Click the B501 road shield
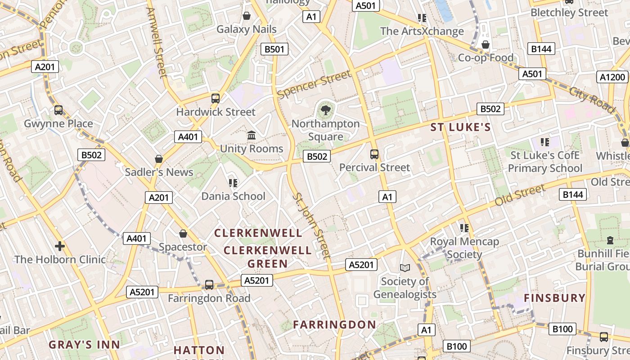pos(274,49)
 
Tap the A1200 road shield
pos(612,77)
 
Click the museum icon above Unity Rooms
pos(252,135)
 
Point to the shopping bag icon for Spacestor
pos(183,234)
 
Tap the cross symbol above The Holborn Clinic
pos(60,246)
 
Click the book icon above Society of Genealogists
pos(405,268)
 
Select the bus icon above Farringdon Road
pos(209,285)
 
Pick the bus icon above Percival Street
pos(374,154)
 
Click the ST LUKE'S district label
pos(460,127)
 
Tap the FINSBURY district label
pos(555,298)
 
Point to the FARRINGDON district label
pos(334,324)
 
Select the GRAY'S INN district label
pos(85,345)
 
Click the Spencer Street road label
pos(314,84)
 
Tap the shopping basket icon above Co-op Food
pos(486,45)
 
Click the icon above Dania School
pos(233,183)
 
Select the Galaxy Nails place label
pos(247,29)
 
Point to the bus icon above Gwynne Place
pos(58,110)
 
